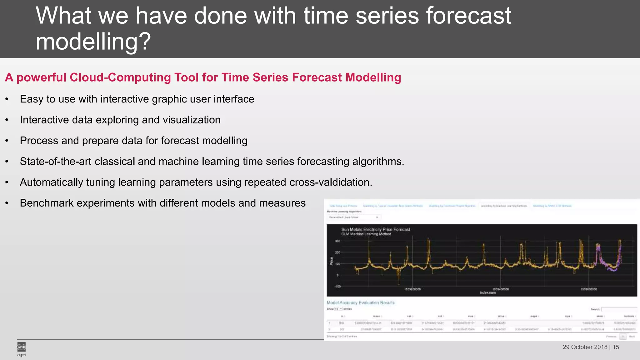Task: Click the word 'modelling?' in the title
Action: coord(93,42)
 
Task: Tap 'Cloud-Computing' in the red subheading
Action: coord(134,77)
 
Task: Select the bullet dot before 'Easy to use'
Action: coord(7,99)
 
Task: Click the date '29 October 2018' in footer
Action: coord(585,347)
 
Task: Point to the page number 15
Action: coord(616,347)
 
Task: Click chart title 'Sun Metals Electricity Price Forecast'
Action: coord(375,229)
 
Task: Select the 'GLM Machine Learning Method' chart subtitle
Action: coord(366,234)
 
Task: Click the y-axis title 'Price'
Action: coord(332,261)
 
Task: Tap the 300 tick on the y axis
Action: coord(337,241)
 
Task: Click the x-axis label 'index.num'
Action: coord(488,293)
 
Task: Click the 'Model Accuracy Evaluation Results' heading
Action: coord(361,302)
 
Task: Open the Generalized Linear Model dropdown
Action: coord(354,217)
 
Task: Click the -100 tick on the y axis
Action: coord(337,286)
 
